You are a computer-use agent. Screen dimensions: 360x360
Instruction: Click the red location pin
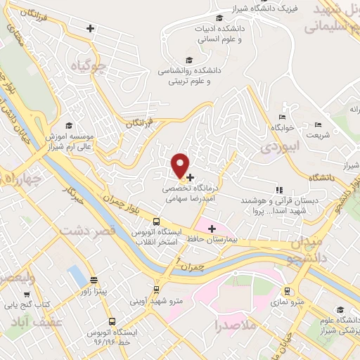pyautogui.click(x=181, y=165)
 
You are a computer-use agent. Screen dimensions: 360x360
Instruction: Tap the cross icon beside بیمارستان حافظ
pyautogui.click(x=212, y=228)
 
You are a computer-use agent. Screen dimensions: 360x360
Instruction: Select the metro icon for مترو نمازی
pyautogui.click(x=287, y=291)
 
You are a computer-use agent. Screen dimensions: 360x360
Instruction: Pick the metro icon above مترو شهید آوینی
pyautogui.click(x=155, y=290)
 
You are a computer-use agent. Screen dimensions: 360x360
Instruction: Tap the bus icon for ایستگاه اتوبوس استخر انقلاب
pyautogui.click(x=156, y=222)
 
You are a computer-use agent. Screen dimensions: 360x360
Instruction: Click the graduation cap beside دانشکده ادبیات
pyautogui.click(x=219, y=18)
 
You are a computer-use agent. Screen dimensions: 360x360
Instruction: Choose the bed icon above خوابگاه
pyautogui.click(x=283, y=117)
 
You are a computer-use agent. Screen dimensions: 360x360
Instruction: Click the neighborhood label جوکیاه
pyautogui.click(x=92, y=67)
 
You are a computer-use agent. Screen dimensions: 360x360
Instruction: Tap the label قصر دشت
pyautogui.click(x=85, y=231)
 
